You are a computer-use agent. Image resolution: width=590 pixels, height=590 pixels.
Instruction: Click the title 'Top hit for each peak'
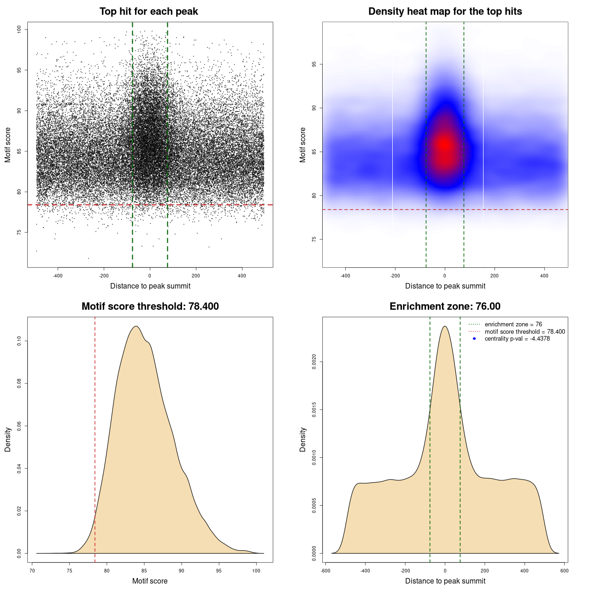pos(148,12)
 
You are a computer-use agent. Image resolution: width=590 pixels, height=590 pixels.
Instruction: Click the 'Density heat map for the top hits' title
pos(445,12)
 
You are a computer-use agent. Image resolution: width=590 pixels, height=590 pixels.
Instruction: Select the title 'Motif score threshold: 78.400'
pos(150,307)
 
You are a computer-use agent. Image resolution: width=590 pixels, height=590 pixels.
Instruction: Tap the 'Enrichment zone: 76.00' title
pos(445,307)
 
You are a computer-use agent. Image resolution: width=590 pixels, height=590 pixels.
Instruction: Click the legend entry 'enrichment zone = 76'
pos(513,324)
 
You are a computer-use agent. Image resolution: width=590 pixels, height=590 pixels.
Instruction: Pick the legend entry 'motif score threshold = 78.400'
pos(525,331)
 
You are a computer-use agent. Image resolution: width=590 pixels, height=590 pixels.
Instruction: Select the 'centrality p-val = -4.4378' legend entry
pos(517,339)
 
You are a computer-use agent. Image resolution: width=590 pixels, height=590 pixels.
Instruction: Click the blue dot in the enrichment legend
pos(474,339)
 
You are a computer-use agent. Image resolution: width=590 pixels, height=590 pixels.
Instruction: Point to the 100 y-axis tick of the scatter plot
pos(19,29)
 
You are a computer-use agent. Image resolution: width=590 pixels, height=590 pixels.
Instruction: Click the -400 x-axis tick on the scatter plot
pos(58,276)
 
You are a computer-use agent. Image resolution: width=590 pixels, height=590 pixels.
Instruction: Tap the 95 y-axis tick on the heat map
pos(314,64)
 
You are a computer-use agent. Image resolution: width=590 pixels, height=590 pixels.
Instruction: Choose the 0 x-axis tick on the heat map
pos(445,276)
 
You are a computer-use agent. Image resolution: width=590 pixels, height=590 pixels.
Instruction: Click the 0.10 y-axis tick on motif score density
pos(19,341)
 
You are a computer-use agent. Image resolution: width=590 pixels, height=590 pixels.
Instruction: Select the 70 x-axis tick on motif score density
pos(32,571)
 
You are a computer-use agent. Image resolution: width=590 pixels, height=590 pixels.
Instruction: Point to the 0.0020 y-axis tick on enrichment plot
pos(314,362)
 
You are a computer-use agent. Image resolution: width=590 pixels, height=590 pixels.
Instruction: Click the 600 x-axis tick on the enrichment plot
pos(564,571)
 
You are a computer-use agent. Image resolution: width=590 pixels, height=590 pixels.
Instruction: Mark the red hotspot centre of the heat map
pos(444,144)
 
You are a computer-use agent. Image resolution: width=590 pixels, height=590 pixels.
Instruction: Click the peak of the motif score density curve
pos(136,326)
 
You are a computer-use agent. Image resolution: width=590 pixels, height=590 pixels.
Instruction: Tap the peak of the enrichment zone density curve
pos(445,326)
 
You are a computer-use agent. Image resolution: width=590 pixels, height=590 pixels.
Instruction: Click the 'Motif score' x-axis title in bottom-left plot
pos(150,581)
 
